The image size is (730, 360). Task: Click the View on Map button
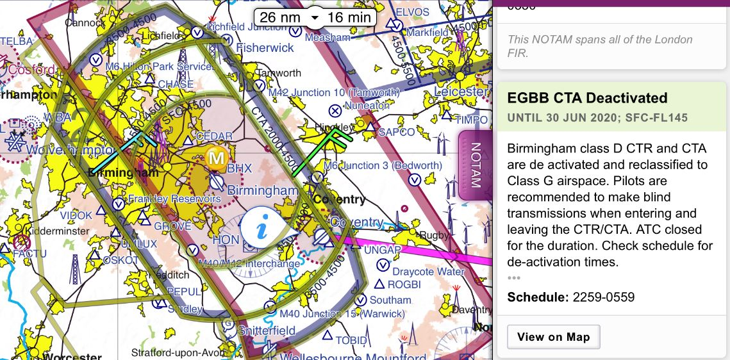(x=553, y=337)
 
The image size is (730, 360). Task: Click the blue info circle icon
(x=261, y=227)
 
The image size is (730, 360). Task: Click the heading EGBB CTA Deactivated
(x=587, y=98)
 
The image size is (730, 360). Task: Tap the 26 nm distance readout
(x=280, y=17)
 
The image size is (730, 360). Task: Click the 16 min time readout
(x=349, y=17)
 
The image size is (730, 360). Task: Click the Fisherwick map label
(x=265, y=48)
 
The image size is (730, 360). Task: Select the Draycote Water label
(x=428, y=272)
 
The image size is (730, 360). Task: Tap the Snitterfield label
(x=267, y=331)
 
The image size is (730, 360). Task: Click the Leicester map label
(x=461, y=92)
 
